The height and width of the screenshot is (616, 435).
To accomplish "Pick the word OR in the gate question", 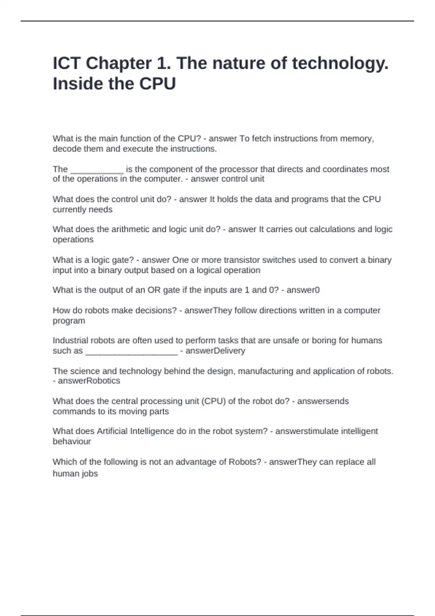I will pos(154,290).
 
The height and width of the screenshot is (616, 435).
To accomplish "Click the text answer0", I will pos(303,290).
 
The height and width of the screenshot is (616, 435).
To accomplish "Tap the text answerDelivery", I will pos(215,351).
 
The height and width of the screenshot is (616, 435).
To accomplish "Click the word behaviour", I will pos(72,441).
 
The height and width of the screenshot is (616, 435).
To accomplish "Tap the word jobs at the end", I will pos(90,474).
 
